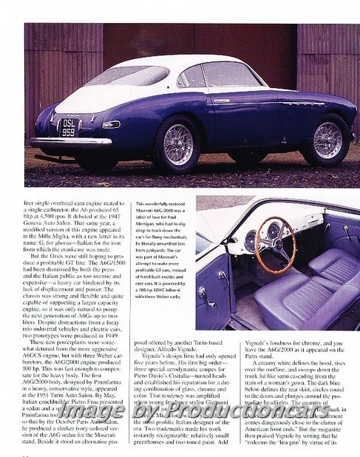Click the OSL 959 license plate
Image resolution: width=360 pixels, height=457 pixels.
(x=68, y=127)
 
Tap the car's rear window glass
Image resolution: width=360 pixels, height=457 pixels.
(x=126, y=75)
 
